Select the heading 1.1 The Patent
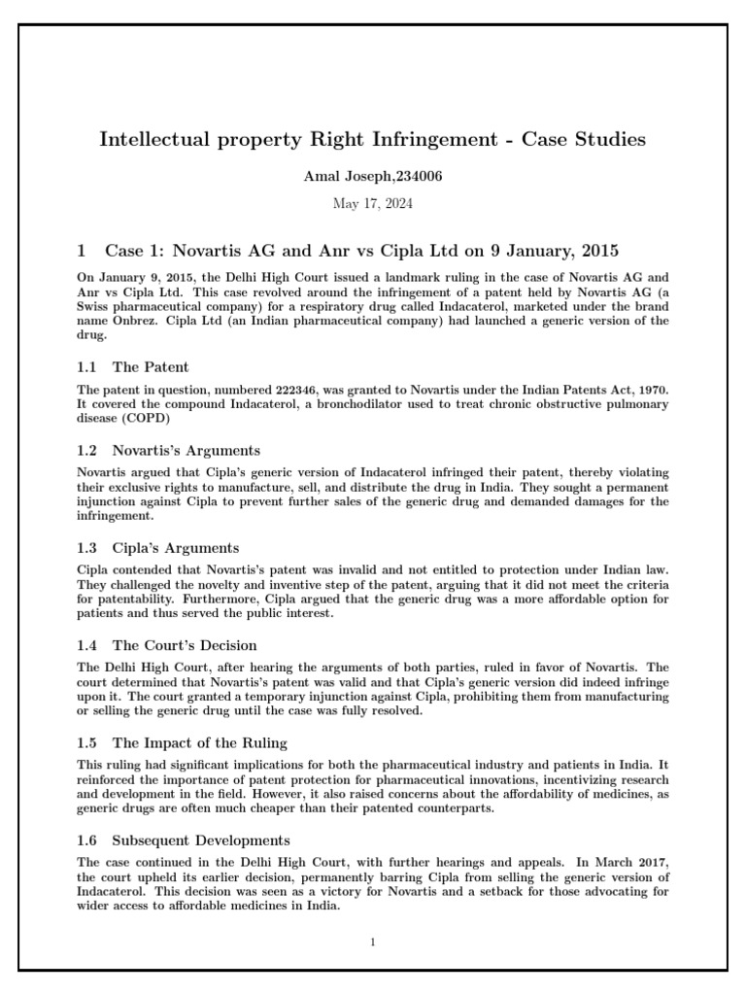pos(133,366)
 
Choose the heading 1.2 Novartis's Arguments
pos(168,450)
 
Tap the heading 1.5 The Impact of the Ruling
pos(182,742)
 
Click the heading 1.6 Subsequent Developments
pos(184,840)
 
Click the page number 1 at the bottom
pos(373,942)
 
